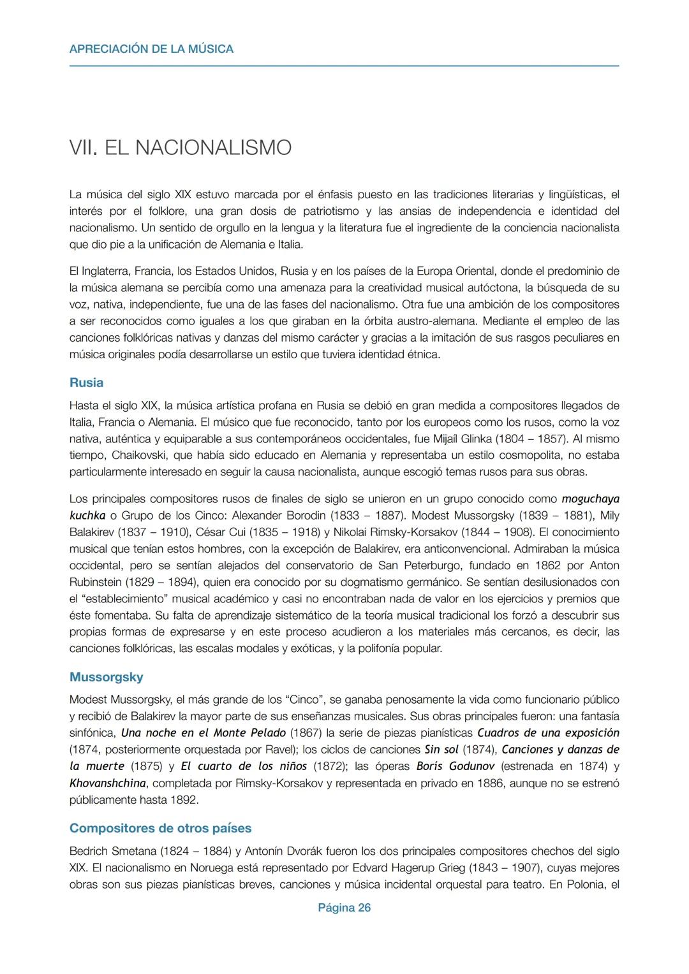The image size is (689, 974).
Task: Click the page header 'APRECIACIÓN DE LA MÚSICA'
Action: click(151, 49)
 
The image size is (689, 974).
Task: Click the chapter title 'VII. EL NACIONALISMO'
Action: click(180, 148)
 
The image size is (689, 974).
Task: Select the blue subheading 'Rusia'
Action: click(86, 383)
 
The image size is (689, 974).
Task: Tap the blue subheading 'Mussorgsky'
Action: click(106, 677)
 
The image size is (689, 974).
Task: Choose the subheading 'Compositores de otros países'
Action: click(160, 828)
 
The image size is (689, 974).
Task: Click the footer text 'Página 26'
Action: click(344, 908)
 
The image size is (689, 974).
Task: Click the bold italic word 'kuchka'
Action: click(87, 515)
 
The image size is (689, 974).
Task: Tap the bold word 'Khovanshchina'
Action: click(107, 783)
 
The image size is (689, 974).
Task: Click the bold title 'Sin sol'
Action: click(441, 750)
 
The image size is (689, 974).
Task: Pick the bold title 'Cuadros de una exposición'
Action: click(548, 733)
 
